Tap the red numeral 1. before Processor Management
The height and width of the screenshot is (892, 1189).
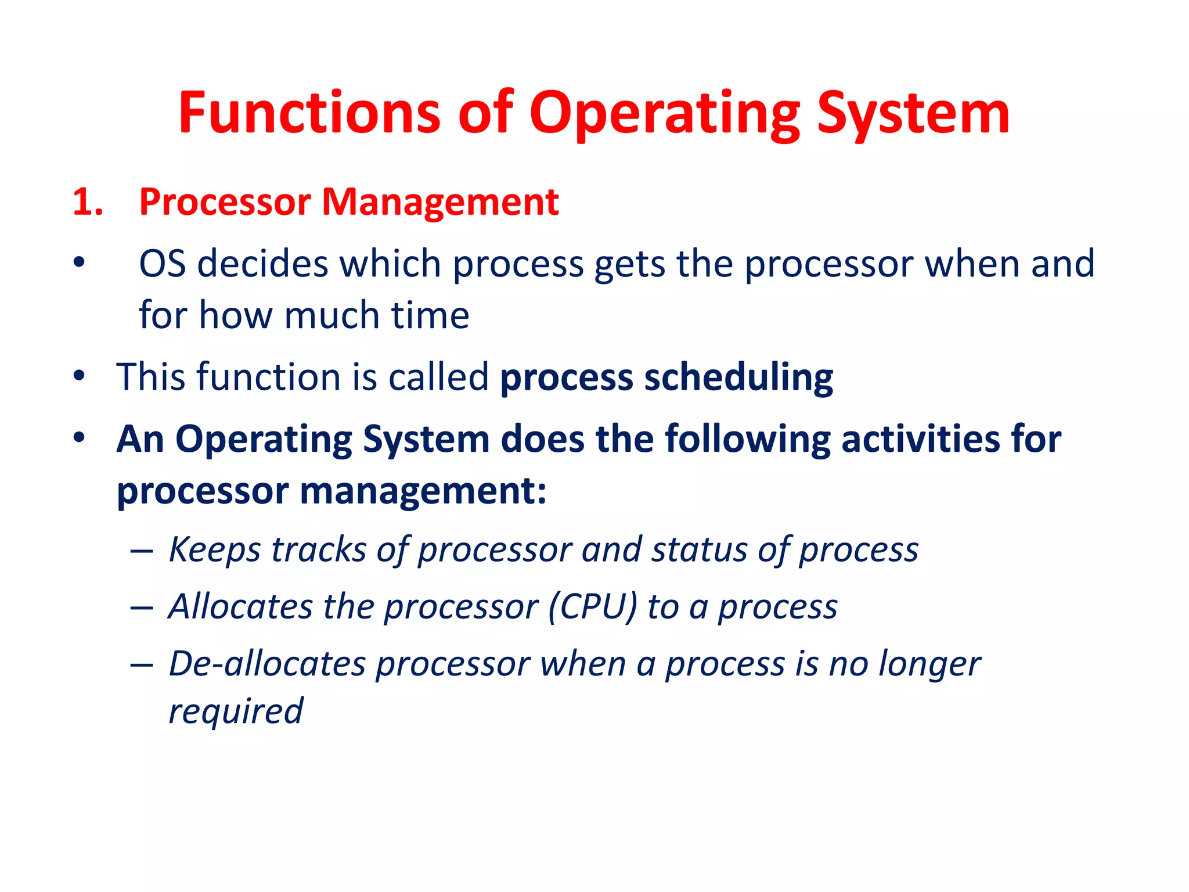[x=88, y=203]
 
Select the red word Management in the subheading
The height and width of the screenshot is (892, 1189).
[x=439, y=203]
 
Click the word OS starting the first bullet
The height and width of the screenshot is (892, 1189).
[x=162, y=264]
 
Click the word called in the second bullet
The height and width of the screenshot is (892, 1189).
[x=438, y=377]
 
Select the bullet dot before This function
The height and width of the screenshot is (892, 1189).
[x=80, y=375]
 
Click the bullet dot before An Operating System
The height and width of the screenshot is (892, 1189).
[x=80, y=437]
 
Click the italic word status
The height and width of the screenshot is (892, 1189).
[x=699, y=549]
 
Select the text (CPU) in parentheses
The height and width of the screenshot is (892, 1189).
[x=592, y=607]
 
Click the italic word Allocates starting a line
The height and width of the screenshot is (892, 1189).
[x=240, y=607]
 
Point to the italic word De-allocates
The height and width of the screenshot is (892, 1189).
[x=268, y=664]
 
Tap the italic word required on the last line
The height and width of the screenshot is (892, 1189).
[x=236, y=711]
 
